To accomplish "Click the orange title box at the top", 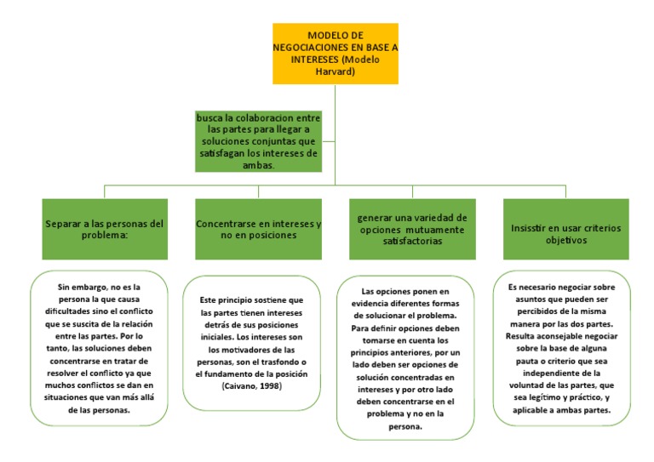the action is (x=336, y=54).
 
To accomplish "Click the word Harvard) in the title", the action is (x=336, y=71).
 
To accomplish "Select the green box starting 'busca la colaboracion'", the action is (x=259, y=141).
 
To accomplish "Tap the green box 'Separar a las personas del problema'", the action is (x=105, y=229).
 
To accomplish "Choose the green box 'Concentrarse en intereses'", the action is (x=259, y=229).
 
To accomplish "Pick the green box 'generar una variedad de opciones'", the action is (x=412, y=229).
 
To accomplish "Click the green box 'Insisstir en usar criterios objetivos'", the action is (x=566, y=229).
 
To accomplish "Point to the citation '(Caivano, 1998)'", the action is (x=252, y=386).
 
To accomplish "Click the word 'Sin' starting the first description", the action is (x=64, y=287).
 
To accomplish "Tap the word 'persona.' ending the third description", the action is (x=405, y=426).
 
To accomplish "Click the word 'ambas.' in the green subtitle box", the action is (x=259, y=165).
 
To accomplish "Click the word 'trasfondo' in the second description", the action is (x=279, y=362).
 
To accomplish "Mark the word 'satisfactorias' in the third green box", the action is (x=412, y=241).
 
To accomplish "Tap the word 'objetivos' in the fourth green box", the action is (x=566, y=241).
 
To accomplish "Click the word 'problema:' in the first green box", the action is (x=105, y=236).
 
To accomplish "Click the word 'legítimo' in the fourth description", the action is (x=545, y=398).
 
